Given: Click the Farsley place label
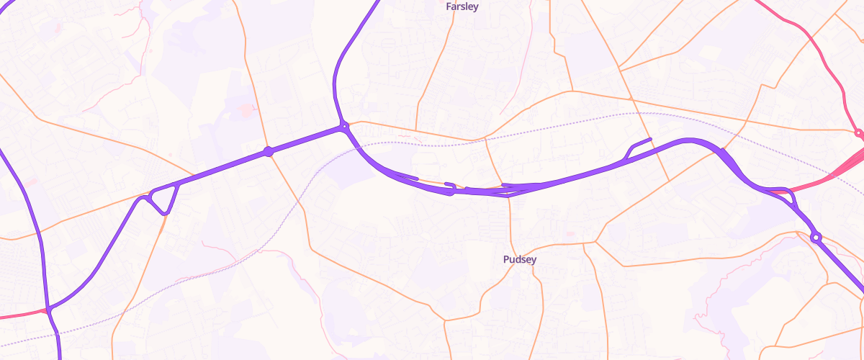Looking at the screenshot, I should [x=462, y=6].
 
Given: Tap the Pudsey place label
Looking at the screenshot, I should [x=519, y=259].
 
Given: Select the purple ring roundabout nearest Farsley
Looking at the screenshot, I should [x=345, y=126].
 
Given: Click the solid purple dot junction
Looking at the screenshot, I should [x=269, y=151].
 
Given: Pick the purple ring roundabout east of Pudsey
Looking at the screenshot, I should [x=816, y=237].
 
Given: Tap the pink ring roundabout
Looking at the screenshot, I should [x=858, y=133].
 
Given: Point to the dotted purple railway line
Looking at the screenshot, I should [x=288, y=216].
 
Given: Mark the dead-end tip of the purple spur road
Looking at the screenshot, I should [x=650, y=138].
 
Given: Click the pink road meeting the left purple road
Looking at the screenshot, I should [x=22, y=315].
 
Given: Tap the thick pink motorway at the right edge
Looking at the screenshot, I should [x=850, y=166].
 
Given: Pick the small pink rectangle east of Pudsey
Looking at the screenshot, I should [x=569, y=233].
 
